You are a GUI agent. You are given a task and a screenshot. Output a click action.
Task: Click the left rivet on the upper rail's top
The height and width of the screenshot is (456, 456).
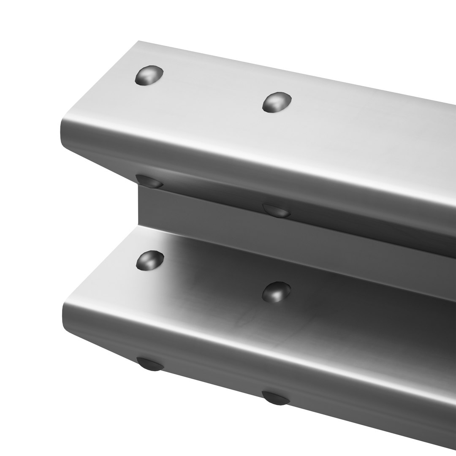(x=149, y=75)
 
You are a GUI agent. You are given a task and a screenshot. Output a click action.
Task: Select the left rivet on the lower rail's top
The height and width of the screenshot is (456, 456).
(x=150, y=260)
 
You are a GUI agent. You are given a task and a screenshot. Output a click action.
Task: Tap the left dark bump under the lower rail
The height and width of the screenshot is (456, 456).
(x=150, y=364)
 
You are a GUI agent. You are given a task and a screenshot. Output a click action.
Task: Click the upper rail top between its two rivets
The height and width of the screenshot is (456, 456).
(x=211, y=91)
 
